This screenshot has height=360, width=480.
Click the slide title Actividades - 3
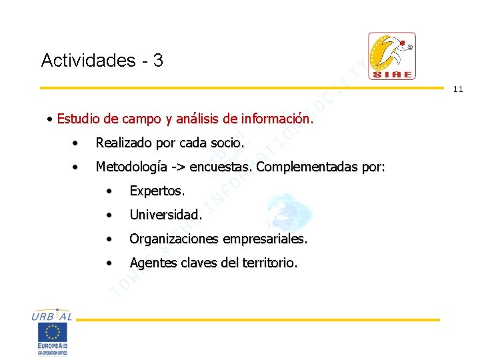click(x=102, y=61)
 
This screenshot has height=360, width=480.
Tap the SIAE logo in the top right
click(x=392, y=56)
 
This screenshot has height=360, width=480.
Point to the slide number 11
click(x=458, y=89)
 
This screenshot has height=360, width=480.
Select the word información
click(x=277, y=119)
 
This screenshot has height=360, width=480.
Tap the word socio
click(x=228, y=143)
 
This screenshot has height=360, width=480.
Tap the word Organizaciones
click(x=175, y=239)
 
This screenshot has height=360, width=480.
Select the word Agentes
click(x=151, y=263)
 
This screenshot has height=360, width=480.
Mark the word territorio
click(x=268, y=263)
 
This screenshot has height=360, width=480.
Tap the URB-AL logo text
click(x=52, y=317)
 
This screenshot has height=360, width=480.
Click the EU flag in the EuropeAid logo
click(x=53, y=331)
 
